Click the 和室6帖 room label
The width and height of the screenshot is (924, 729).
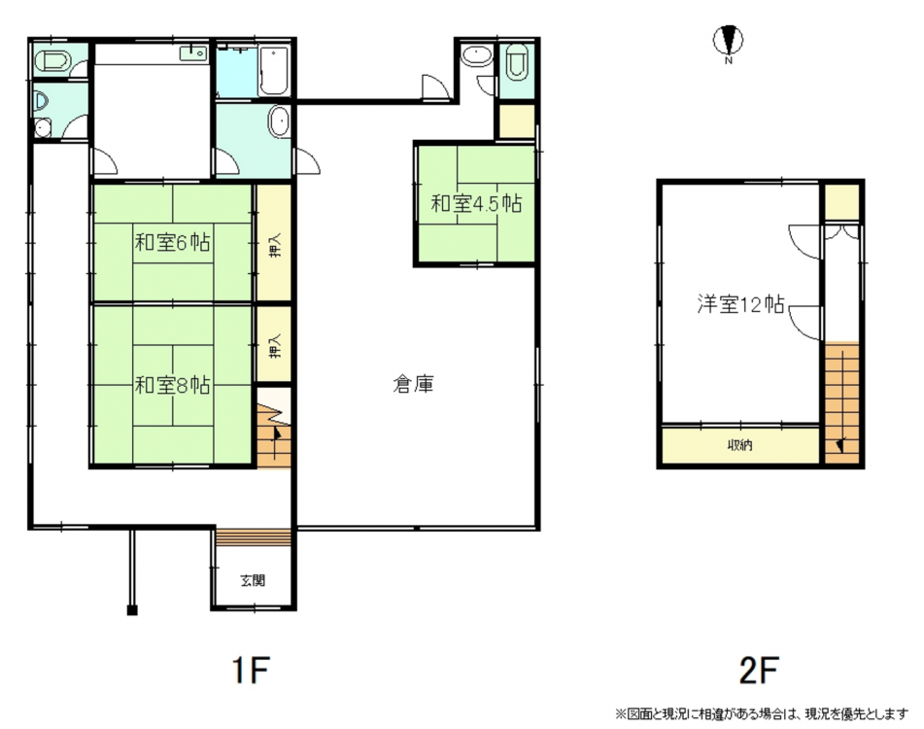tap(173, 242)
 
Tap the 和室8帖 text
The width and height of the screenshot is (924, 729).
tap(173, 386)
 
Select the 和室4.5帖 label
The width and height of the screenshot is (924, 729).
tap(476, 204)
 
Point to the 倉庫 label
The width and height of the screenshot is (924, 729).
tap(414, 384)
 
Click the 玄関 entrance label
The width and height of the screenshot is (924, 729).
tap(253, 580)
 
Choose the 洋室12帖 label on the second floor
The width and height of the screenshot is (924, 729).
tap(740, 304)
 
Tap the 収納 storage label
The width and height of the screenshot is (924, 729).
tap(739, 445)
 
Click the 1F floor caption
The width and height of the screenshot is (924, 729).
tap(251, 670)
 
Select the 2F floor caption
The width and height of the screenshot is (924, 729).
tap(759, 670)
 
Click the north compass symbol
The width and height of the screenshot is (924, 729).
tap(729, 41)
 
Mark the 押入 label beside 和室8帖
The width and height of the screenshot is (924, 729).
tap(275, 346)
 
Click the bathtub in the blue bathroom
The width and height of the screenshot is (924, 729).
tap(273, 71)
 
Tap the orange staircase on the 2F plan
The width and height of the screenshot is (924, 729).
tap(841, 402)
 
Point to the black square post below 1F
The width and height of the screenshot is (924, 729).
tap(132, 610)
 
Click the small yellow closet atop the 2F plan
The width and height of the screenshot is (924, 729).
tap(841, 202)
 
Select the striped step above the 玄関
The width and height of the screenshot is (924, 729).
tap(254, 537)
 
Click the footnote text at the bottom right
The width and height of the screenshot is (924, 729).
tap(762, 714)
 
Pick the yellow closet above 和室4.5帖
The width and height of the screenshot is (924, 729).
tap(517, 121)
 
